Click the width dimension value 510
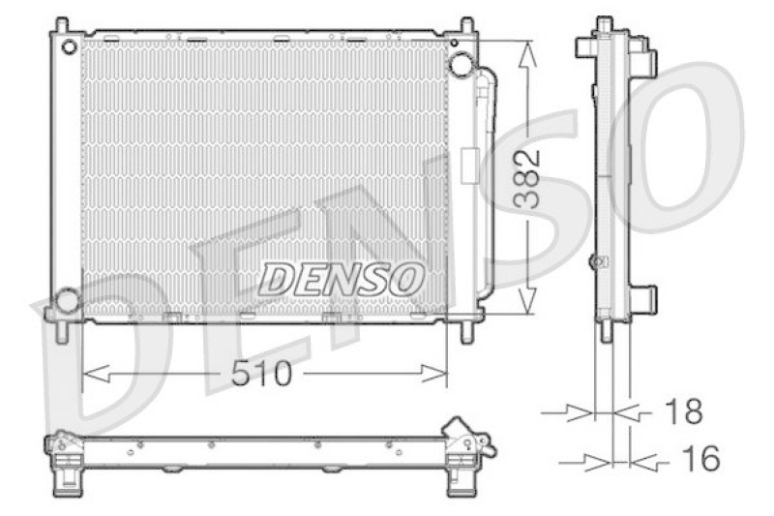click(261, 374)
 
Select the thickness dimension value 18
click(683, 411)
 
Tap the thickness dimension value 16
click(700, 459)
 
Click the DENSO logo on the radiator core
click(342, 279)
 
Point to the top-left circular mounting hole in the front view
click(69, 46)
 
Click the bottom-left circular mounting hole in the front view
click(67, 301)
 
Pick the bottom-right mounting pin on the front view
click(467, 331)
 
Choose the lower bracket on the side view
click(643, 297)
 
